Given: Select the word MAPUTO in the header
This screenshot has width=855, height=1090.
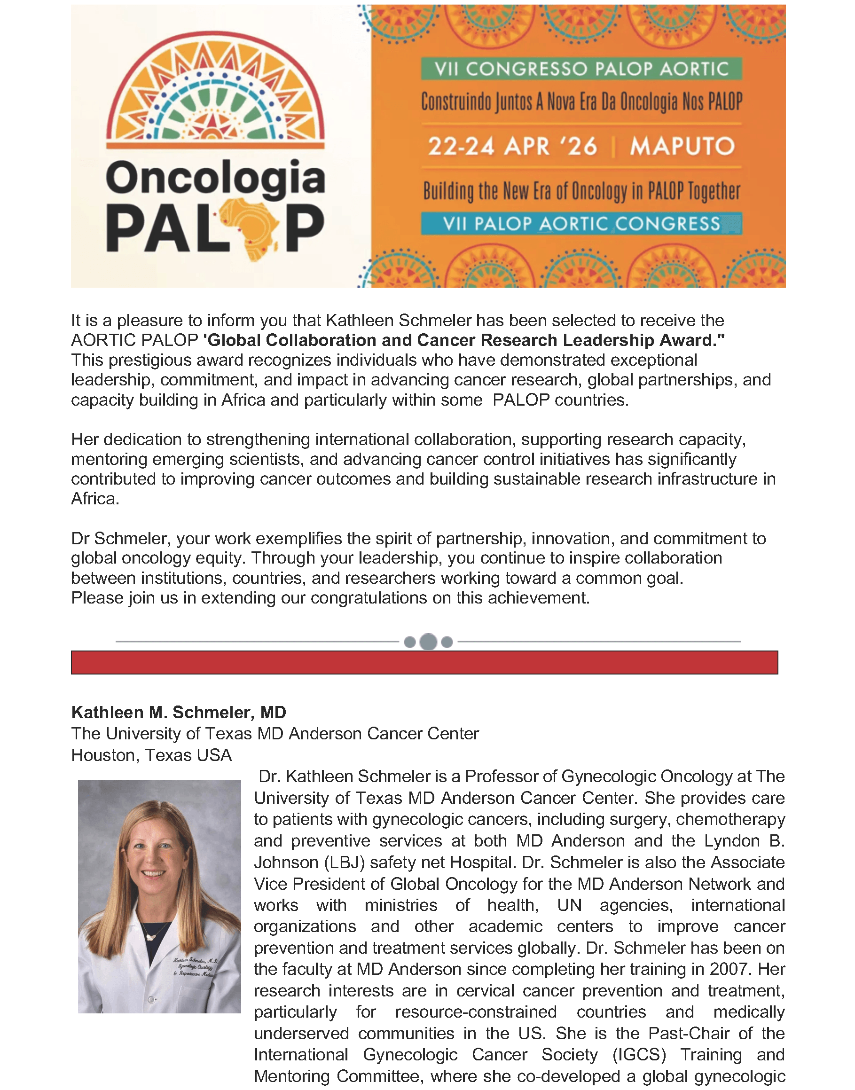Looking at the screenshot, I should [x=682, y=147].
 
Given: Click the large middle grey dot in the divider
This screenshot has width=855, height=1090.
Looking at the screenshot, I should [x=428, y=642].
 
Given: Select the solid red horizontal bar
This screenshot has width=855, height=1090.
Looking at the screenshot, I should [x=424, y=662].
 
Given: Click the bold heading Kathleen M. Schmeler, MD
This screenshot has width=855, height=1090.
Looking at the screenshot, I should [x=179, y=712].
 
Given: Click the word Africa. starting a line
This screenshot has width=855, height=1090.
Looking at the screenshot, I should [x=95, y=499].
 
